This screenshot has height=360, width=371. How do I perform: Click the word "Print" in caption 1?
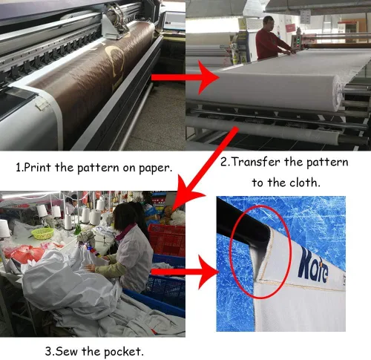(x=38, y=168)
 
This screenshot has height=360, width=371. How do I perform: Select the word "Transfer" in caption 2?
(x=256, y=162)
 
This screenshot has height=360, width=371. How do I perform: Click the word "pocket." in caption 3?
(x=123, y=352)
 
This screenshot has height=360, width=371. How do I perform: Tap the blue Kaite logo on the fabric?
(x=313, y=266)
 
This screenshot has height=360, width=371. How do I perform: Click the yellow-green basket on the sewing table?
(x=42, y=233)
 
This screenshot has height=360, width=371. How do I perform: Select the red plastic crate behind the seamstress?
(x=166, y=239)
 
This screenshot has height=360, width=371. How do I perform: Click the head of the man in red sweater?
(x=269, y=23)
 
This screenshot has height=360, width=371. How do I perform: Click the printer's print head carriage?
(x=116, y=23)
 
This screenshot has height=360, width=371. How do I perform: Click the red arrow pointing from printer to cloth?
(x=185, y=77)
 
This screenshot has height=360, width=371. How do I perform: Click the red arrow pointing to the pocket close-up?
(x=185, y=272)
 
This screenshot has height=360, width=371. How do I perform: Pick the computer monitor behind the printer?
(x=174, y=21)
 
